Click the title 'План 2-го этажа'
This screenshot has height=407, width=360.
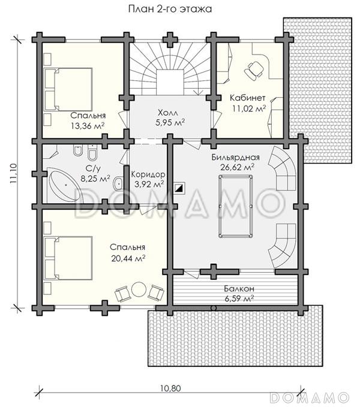coord(170,9)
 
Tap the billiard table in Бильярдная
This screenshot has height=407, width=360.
coord(235,206)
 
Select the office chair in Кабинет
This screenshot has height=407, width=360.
coord(254,70)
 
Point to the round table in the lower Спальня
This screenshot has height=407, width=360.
coord(140,290)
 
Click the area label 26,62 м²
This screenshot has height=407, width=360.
coord(238,167)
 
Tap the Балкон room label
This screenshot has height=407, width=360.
coord(239,288)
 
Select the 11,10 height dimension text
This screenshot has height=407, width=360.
coord(14,174)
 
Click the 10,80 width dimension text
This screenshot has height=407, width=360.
coord(170,388)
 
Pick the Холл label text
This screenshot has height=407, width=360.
coord(168,113)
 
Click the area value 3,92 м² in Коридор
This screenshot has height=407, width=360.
coord(149,184)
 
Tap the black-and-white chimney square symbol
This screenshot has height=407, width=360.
coord(179,188)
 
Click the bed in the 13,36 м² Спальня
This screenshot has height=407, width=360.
coord(68,89)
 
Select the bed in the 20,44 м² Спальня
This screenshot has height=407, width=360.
coord(68,258)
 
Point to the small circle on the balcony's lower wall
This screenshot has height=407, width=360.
coord(214,308)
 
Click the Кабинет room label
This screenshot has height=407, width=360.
coord(248,98)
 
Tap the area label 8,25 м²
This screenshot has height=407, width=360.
coord(95,179)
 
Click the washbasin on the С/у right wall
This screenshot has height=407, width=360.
coord(118,183)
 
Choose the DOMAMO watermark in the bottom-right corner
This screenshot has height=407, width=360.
coord(310,397)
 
